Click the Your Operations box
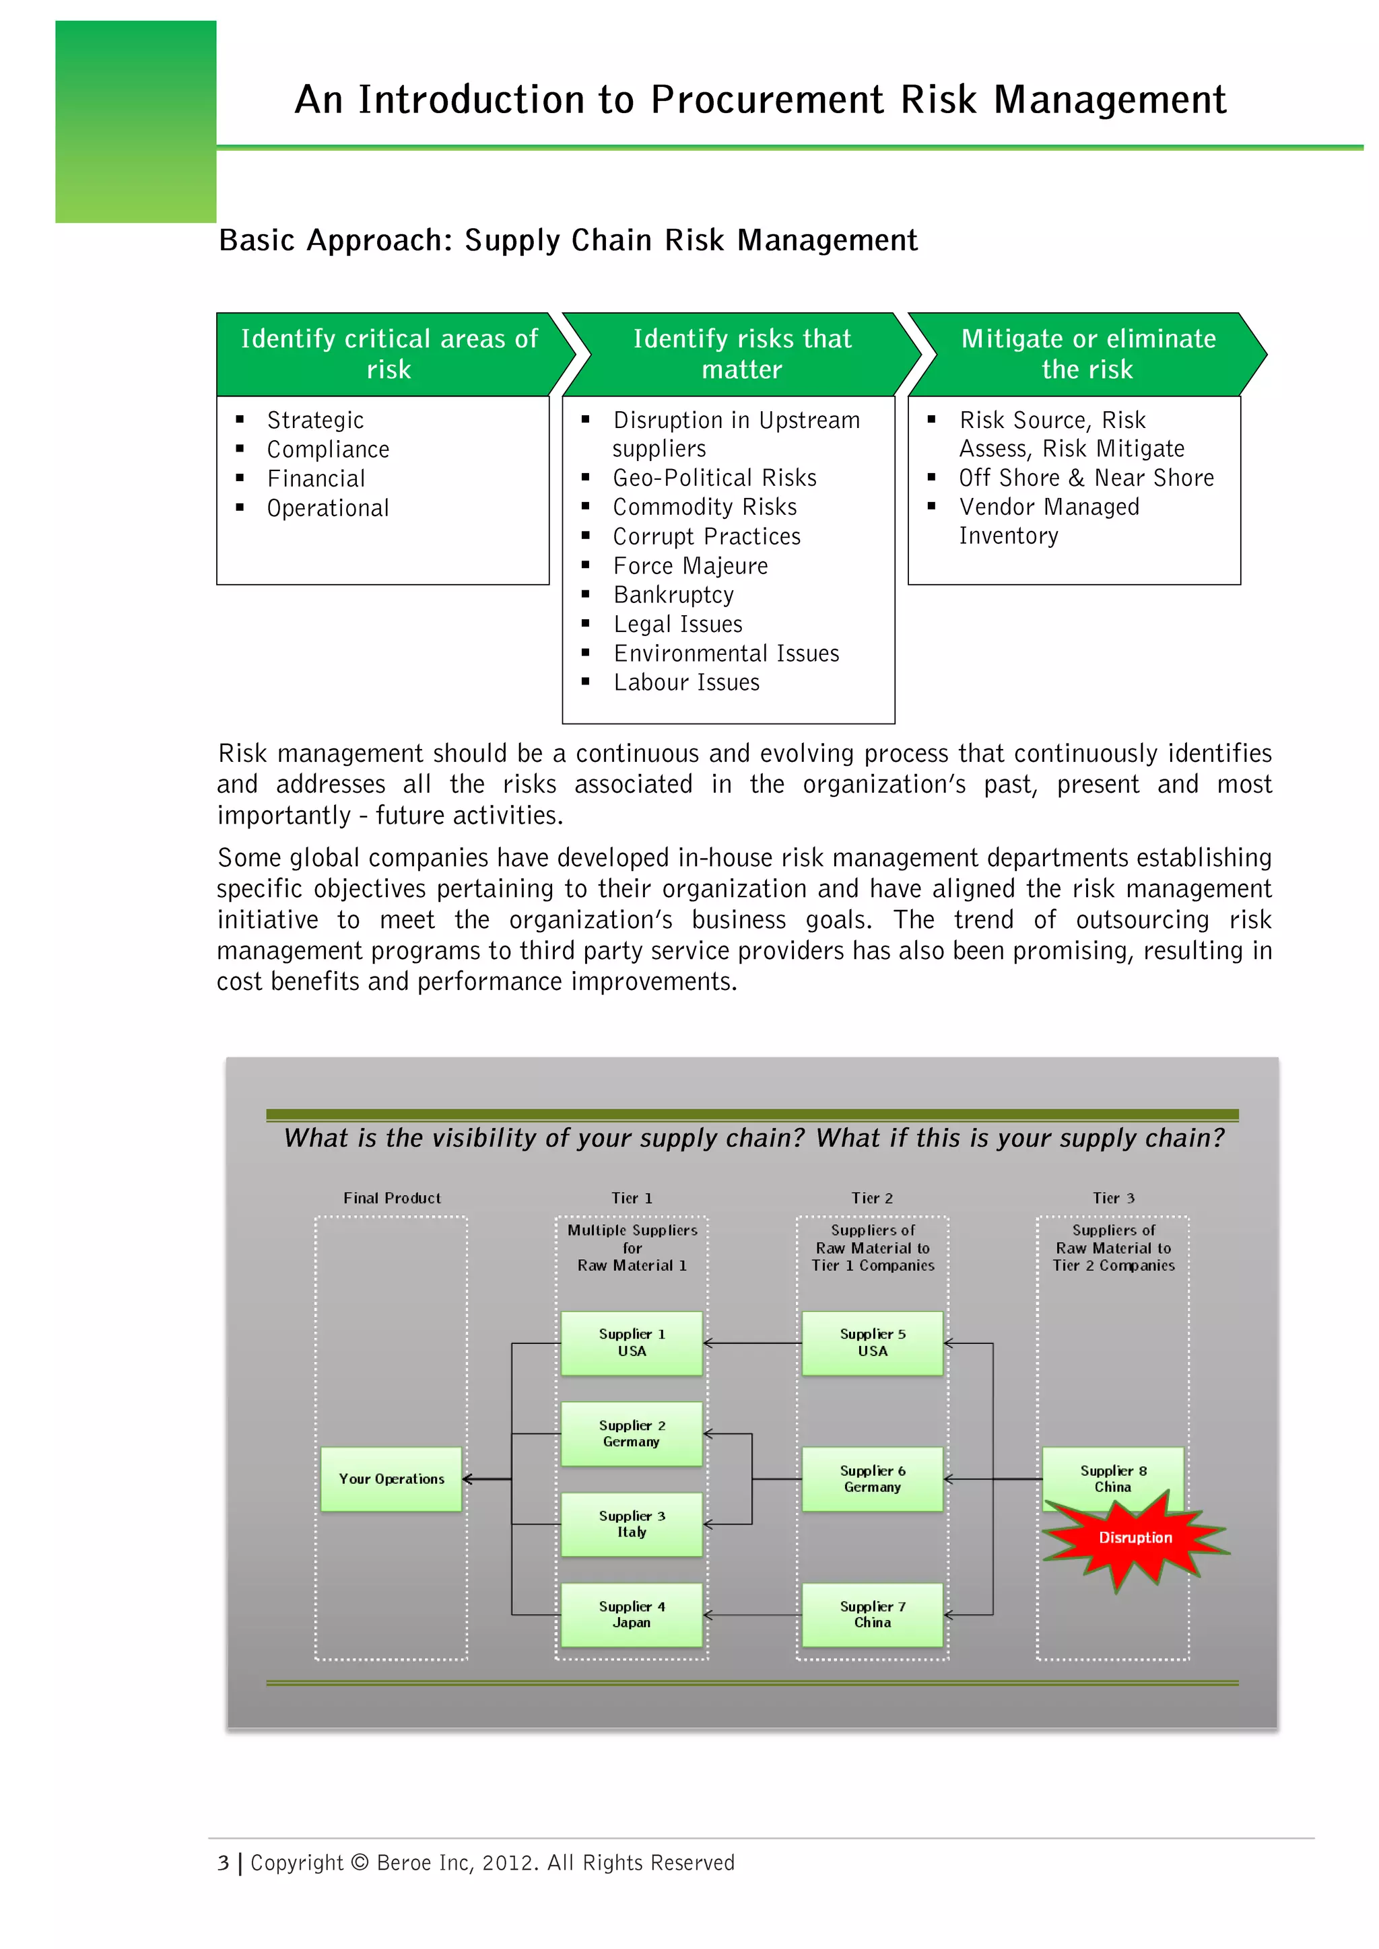click(x=391, y=1479)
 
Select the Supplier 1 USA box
click(x=632, y=1342)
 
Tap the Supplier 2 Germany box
click(x=632, y=1433)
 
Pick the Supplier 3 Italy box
click(x=632, y=1524)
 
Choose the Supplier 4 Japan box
click(x=632, y=1614)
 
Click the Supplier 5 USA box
click(x=872, y=1342)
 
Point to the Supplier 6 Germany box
click(x=872, y=1479)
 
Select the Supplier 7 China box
click(x=872, y=1614)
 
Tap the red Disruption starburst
click(x=1135, y=1538)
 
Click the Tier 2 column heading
click(x=872, y=1198)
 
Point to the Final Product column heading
click(x=391, y=1198)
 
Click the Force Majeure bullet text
click(x=690, y=565)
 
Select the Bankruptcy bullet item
click(x=673, y=594)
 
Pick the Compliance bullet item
click(x=328, y=449)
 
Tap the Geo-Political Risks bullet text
click(x=714, y=478)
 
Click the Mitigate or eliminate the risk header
click(x=1087, y=354)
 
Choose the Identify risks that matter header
click(x=741, y=354)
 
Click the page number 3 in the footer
click(x=224, y=1862)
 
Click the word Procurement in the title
click(x=767, y=100)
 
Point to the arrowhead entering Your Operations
click(x=467, y=1479)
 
